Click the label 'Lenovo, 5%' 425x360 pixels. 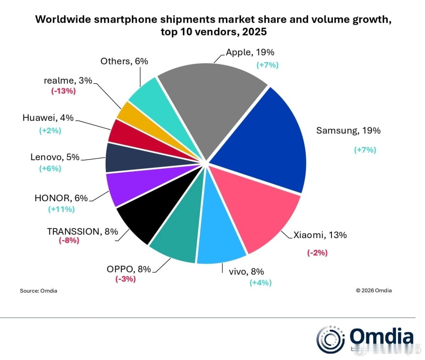55,157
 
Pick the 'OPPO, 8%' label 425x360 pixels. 129,269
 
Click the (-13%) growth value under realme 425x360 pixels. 63,91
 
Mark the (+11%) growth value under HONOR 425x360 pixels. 61,209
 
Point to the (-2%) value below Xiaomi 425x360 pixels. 317,253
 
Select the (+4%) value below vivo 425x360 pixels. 260,282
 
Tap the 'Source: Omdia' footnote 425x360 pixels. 38,291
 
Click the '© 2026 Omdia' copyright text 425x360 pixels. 374,291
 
